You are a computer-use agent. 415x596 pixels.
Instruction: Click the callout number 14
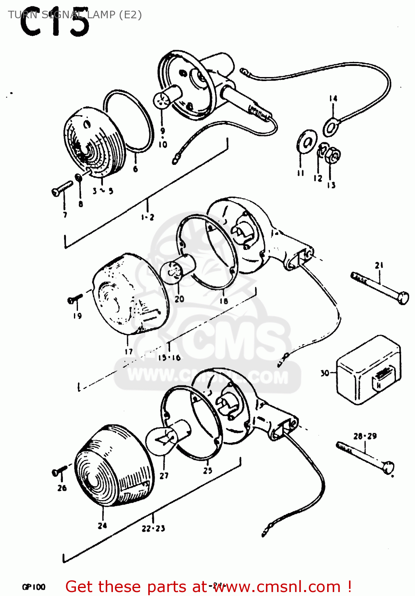pyautogui.click(x=333, y=98)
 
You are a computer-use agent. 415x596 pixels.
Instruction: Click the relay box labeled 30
pyautogui.click(x=368, y=370)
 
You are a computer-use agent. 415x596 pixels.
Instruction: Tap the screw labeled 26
pyautogui.click(x=59, y=471)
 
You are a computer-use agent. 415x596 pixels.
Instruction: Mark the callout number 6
pyautogui.click(x=136, y=169)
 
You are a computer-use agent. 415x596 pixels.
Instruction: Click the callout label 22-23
pyautogui.click(x=153, y=528)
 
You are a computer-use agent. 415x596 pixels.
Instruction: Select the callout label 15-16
pyautogui.click(x=169, y=358)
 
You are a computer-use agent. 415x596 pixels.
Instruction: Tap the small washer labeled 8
pyautogui.click(x=79, y=177)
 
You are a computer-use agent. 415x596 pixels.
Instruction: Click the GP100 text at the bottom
pyautogui.click(x=33, y=587)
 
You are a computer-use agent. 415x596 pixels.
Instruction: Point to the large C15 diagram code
pyautogui.click(x=54, y=24)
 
